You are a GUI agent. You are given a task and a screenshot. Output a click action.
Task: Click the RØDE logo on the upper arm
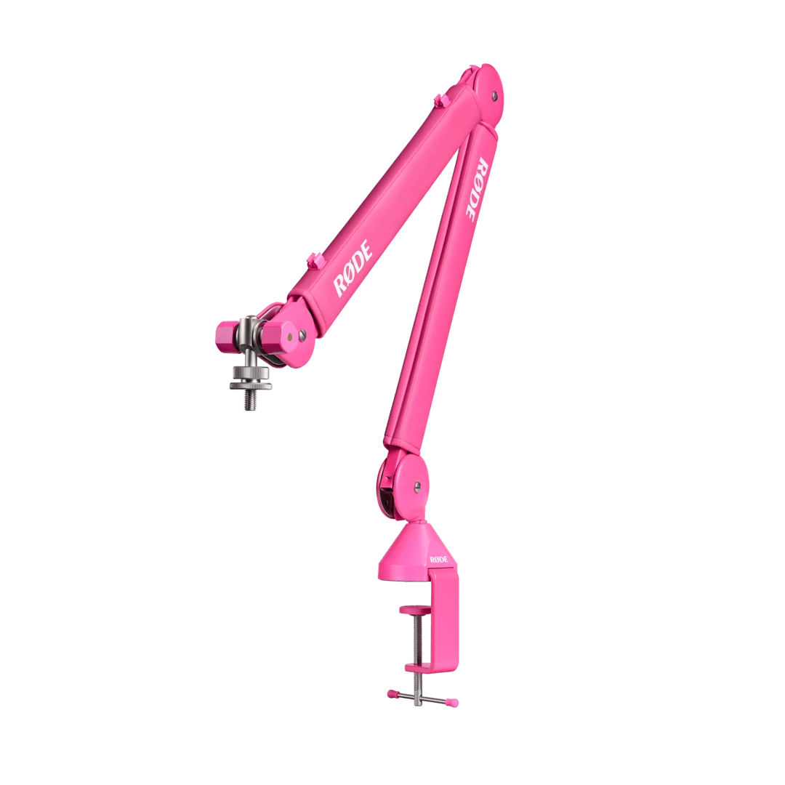pos(354,269)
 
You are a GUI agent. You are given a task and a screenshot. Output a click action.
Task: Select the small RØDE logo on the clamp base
pos(439,559)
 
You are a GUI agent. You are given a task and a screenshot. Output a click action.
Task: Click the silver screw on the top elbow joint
pos(495,94)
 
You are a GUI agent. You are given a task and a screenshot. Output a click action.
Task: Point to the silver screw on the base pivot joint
pos(417,487)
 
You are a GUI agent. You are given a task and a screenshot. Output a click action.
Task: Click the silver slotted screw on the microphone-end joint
pos(291,337)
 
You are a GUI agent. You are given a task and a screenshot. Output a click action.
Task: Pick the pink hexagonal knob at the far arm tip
pos(225,334)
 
